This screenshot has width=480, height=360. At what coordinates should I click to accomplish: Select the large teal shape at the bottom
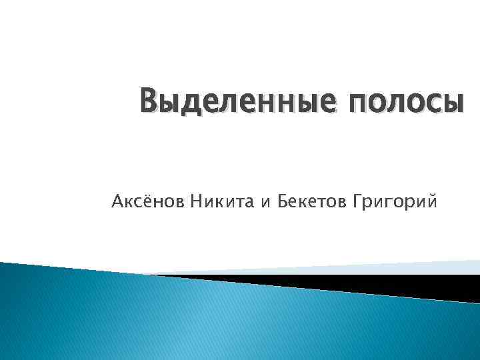point(200,320)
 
